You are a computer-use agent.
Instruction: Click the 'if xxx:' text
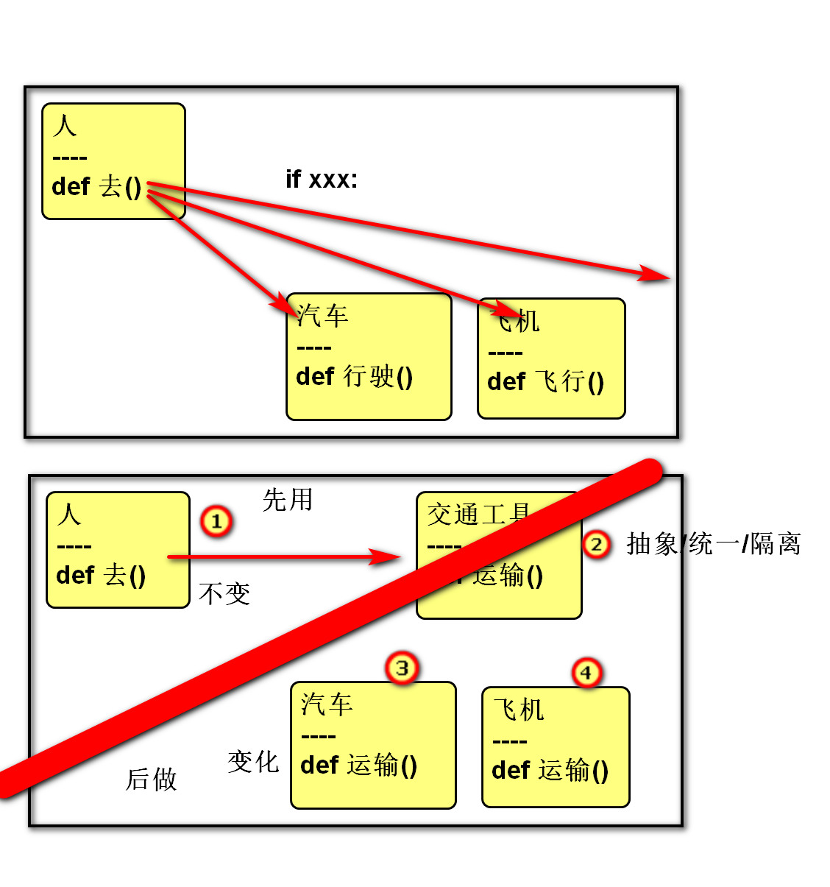coord(322,179)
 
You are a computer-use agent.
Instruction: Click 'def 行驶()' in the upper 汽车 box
coord(354,377)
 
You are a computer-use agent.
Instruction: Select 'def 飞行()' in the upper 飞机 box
coord(545,381)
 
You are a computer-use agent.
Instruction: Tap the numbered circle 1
coord(216,521)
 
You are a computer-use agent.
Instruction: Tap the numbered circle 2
coord(596,545)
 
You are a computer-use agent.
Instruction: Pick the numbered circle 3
coord(402,668)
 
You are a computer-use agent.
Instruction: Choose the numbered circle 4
coord(586,673)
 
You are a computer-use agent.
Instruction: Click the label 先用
coord(288,500)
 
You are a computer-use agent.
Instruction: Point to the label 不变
coord(224,593)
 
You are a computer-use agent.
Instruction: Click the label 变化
coord(253,761)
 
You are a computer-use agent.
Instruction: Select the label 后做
coord(152,779)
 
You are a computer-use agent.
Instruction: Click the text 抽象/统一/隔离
coord(713,544)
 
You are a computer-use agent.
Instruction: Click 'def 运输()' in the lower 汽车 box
coord(358,765)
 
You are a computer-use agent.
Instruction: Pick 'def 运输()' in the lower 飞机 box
coord(550,770)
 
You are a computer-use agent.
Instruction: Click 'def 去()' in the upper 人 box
coord(96,186)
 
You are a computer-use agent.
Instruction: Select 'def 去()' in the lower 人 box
coord(101,575)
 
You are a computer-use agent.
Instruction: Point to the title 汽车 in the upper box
coord(322,316)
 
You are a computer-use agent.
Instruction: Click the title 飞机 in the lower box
coord(519,710)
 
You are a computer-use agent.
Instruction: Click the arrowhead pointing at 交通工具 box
coord(389,556)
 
